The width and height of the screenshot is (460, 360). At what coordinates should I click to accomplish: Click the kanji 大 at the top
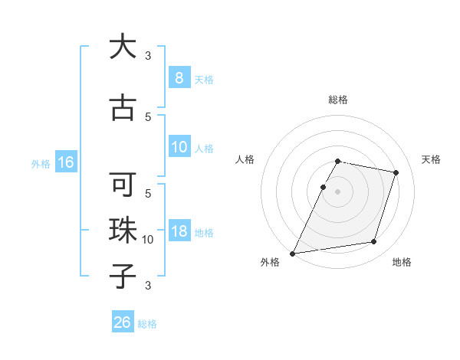point(123,47)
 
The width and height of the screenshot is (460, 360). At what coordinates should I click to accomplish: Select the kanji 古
point(123,107)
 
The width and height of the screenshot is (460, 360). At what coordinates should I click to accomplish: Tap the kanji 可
point(123,186)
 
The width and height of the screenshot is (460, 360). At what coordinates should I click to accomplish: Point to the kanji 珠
point(123,231)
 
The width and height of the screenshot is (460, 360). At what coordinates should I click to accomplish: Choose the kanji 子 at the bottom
point(123,275)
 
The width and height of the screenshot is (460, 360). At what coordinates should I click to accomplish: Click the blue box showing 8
point(179,77)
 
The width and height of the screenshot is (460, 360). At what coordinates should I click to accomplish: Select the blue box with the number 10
point(179,147)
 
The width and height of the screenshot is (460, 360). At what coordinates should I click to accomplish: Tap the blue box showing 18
point(179,231)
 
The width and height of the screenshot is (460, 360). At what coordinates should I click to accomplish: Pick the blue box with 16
point(65,162)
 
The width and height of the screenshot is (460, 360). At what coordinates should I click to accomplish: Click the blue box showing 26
point(123,322)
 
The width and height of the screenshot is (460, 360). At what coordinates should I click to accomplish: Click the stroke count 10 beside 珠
point(148,240)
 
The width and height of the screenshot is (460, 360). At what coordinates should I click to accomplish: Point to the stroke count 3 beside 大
point(148,56)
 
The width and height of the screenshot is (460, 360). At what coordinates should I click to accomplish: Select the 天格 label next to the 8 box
point(204,79)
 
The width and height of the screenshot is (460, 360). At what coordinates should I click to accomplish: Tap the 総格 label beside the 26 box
point(148,324)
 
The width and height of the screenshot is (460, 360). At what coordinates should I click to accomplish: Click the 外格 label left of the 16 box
point(40,163)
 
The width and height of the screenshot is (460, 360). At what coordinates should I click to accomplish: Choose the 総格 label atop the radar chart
point(337,100)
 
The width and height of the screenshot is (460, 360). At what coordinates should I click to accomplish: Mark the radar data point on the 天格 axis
point(396,172)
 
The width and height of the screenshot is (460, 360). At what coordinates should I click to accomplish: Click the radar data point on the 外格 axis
point(293,253)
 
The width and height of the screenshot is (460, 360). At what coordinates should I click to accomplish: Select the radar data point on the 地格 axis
point(374,242)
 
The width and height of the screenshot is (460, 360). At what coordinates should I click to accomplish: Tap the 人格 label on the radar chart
point(245,159)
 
